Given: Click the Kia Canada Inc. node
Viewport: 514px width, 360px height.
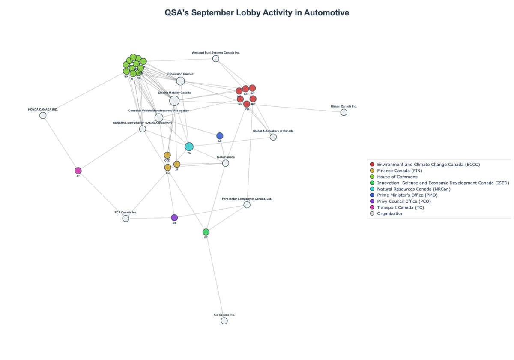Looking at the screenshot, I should click(x=224, y=321).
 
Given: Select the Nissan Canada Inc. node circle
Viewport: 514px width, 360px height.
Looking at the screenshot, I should click(x=344, y=112).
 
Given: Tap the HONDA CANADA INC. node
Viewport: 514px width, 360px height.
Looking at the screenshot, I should click(x=43, y=115).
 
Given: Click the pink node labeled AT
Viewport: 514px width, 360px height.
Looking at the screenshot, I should click(x=78, y=171).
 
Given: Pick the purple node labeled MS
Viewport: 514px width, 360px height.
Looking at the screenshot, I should click(x=174, y=218).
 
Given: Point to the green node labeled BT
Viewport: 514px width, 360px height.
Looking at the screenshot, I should click(x=206, y=232).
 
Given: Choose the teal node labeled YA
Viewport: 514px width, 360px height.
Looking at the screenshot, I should click(x=189, y=147).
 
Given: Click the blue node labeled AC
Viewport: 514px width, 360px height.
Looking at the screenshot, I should click(x=220, y=136).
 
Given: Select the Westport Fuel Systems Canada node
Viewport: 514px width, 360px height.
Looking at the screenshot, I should click(x=216, y=59).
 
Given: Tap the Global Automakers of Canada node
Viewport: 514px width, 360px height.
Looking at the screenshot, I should click(x=273, y=137).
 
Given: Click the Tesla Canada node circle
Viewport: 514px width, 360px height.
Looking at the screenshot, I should click(x=226, y=163).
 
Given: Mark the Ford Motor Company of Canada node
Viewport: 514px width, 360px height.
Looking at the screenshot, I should click(x=247, y=205).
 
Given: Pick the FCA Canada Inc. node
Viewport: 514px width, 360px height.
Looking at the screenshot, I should click(x=126, y=219).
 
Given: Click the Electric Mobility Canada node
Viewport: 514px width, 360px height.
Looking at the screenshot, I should click(x=174, y=101).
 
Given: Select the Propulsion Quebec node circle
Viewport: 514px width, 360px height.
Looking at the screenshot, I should click(x=180, y=81).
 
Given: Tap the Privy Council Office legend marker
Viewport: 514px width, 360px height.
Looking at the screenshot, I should click(x=372, y=201).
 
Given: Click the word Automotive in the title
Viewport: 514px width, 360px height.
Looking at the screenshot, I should click(x=326, y=13).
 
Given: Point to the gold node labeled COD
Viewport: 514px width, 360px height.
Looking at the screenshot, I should click(x=167, y=155).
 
